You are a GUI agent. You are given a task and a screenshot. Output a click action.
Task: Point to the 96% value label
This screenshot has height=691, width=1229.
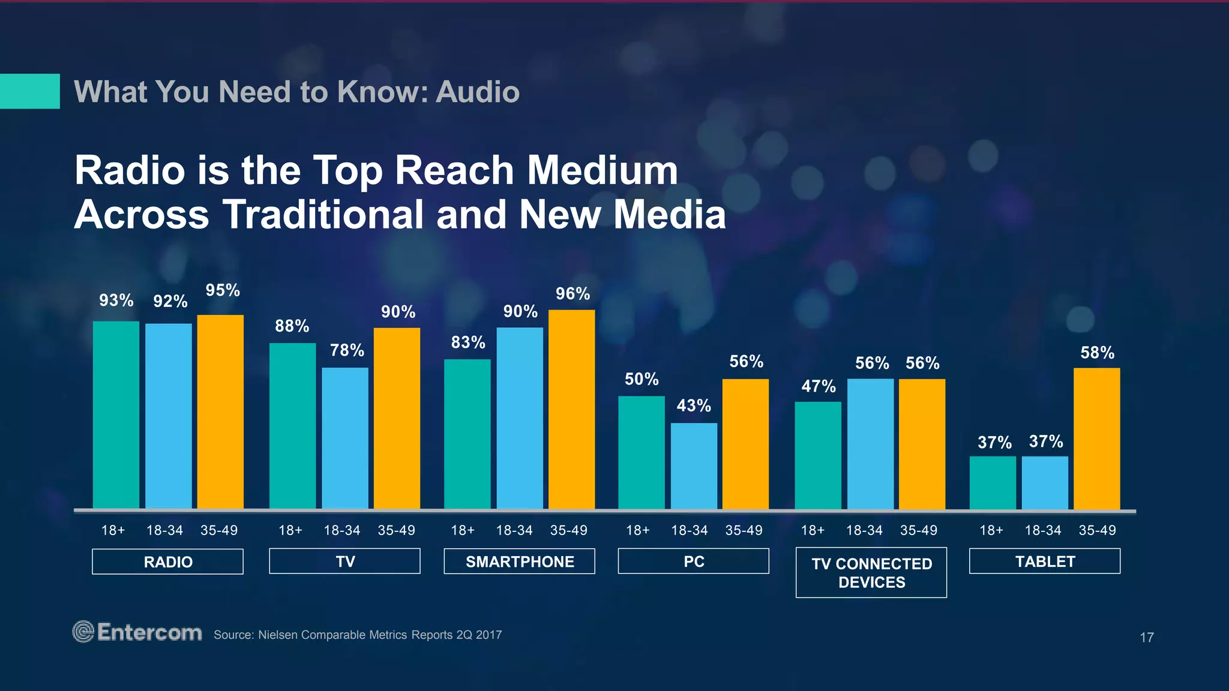point(572,294)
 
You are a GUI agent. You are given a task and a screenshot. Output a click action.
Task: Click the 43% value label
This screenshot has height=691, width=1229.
point(694,406)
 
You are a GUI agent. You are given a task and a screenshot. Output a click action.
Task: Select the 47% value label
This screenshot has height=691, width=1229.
point(819,386)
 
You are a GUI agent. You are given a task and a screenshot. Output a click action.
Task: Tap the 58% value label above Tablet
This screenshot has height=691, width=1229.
point(1097,353)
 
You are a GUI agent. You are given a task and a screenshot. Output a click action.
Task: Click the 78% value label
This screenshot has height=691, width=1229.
point(347,350)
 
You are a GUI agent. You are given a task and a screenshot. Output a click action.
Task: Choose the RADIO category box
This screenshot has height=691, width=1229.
point(167,561)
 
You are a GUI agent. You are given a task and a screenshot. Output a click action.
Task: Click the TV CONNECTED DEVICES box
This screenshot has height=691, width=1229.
point(871,572)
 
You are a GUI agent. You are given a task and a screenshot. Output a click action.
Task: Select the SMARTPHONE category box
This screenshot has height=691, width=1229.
point(519,561)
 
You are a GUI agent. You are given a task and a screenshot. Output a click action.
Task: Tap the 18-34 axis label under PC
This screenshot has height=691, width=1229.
point(689,530)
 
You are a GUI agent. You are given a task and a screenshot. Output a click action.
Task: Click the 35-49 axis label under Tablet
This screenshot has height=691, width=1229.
point(1097,530)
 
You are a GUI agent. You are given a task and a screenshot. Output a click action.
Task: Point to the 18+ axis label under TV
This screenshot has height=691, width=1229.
point(290,530)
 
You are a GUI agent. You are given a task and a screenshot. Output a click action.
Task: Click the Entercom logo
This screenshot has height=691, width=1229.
point(137,632)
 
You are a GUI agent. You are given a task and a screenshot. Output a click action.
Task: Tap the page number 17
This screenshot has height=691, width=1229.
point(1146,638)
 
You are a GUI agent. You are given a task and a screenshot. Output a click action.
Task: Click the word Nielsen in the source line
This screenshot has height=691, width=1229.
point(278,635)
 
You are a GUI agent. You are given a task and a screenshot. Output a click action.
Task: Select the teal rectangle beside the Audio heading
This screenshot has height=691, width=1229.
point(29,91)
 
